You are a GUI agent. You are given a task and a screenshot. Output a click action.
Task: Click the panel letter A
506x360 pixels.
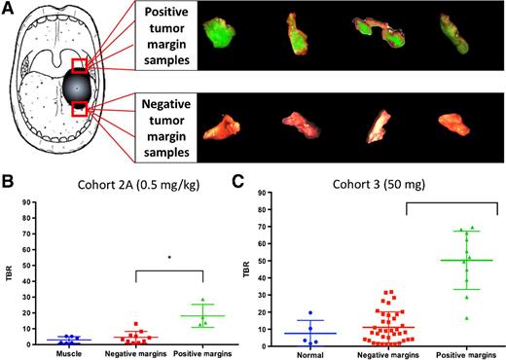pos(8,9)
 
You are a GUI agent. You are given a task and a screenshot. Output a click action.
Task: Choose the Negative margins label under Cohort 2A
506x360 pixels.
pos(132,353)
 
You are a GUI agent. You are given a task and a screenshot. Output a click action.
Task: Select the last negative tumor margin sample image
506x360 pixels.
pos(452,126)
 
